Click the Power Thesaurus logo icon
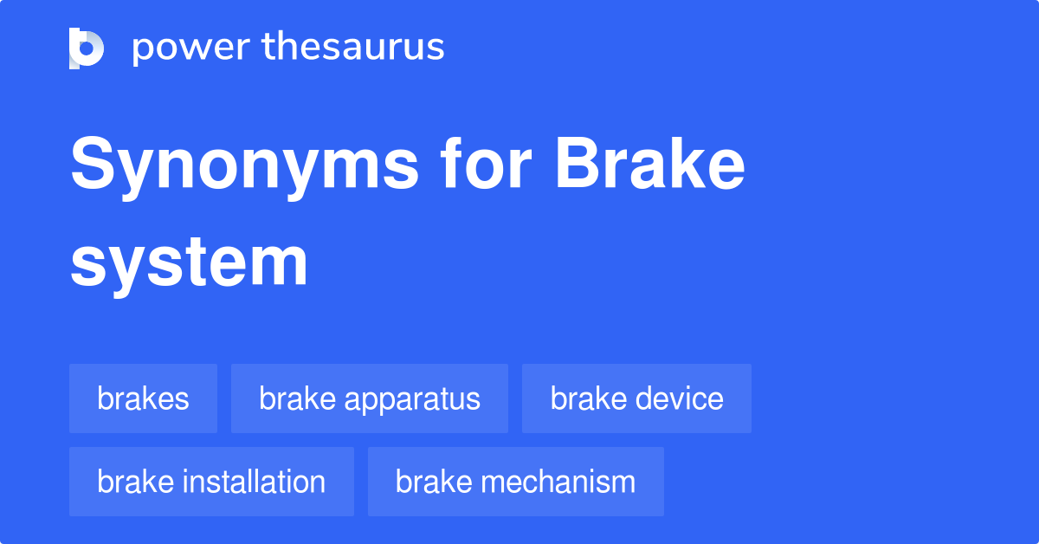pyautogui.click(x=87, y=49)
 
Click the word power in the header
pyautogui.click(x=191, y=49)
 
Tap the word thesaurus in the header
pyautogui.click(x=353, y=46)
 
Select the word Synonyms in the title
pyautogui.click(x=245, y=168)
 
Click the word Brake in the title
pyautogui.click(x=650, y=163)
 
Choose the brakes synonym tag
pyautogui.click(x=144, y=398)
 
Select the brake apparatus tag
pyautogui.click(x=370, y=398)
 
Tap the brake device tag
pyautogui.click(x=637, y=398)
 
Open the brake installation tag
pyautogui.click(x=211, y=482)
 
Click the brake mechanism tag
pyautogui.click(x=516, y=482)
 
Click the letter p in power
pyautogui.click(x=144, y=51)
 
